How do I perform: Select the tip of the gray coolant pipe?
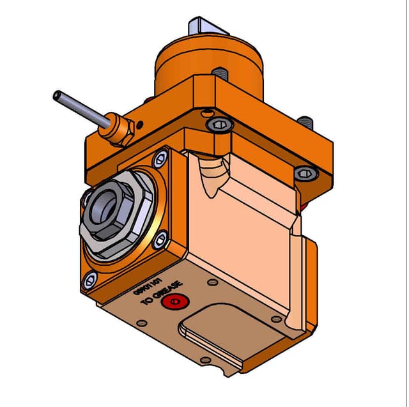(57, 96)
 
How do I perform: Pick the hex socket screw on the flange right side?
(305, 173)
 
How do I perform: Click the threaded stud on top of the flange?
(219, 73)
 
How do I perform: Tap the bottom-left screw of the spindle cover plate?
(89, 279)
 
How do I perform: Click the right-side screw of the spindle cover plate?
(161, 239)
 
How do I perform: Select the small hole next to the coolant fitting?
(141, 123)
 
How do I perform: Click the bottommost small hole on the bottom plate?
(204, 360)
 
